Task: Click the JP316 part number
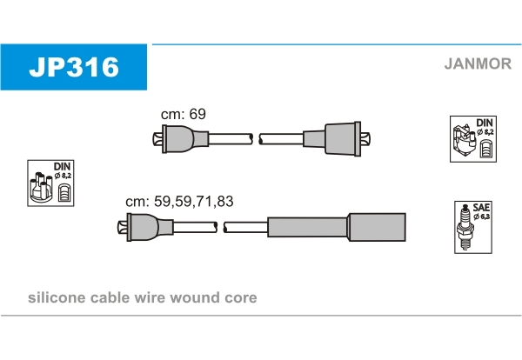coord(74,67)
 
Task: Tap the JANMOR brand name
coord(478,63)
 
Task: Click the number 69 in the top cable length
coord(197,114)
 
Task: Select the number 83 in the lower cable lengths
coord(224,201)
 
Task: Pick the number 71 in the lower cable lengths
coord(204,201)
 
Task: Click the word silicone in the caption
coord(57,297)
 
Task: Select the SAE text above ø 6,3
coord(481,208)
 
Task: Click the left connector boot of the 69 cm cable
coord(181,139)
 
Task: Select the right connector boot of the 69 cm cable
coord(337,139)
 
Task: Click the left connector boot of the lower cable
coord(145,227)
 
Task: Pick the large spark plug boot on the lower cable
coord(337,227)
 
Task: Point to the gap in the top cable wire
coord(256,139)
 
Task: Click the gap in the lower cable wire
coord(220,227)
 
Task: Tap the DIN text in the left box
coord(63,166)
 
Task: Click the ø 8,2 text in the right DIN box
coord(485,132)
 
